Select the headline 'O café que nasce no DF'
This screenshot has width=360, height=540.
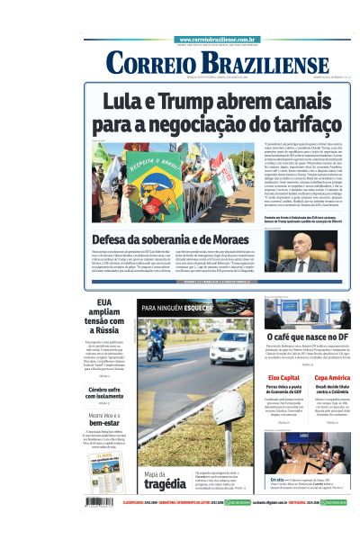[303, 335]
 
